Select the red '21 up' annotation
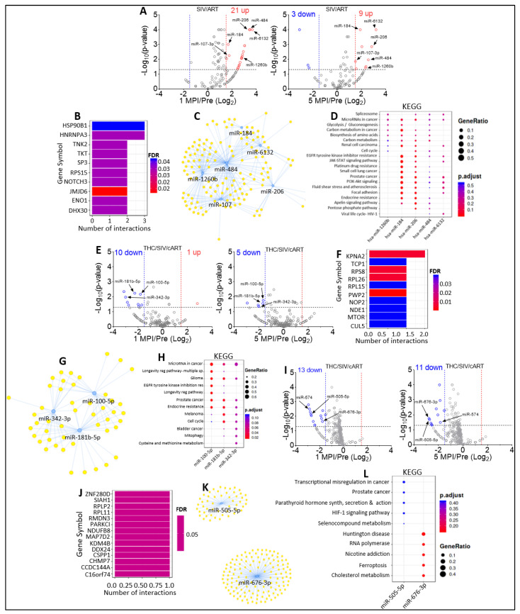241,11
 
